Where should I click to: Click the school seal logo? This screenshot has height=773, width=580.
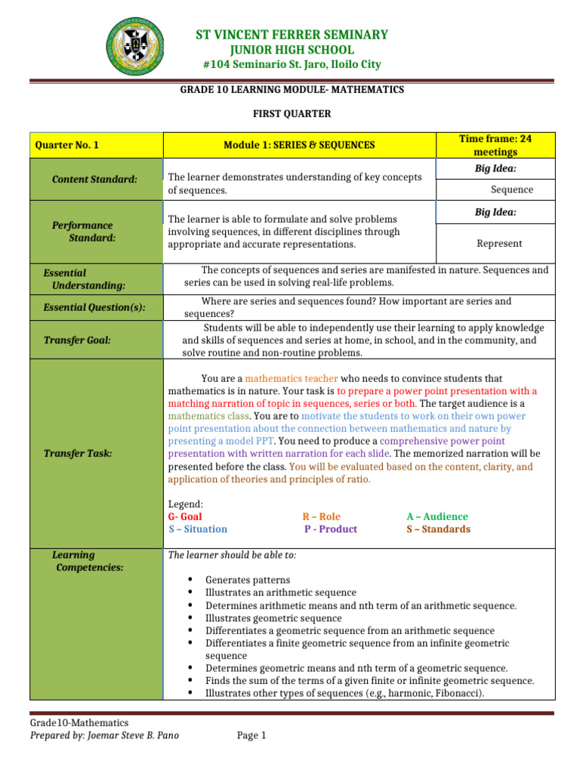pos(138,46)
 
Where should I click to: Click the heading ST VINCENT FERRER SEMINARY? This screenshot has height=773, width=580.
pos(292,35)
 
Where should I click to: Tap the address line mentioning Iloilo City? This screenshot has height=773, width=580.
pos(292,65)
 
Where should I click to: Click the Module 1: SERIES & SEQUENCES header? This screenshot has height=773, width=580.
pos(299,145)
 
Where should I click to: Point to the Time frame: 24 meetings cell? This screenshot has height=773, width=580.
pos(495,145)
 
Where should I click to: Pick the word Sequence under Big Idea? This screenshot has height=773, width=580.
pos(511,189)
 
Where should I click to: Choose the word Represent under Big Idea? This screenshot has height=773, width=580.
pos(499,244)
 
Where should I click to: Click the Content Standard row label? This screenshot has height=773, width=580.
pos(94,179)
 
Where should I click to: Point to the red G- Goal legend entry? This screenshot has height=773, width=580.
pos(184,516)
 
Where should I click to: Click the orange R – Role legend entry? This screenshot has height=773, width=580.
pos(321,516)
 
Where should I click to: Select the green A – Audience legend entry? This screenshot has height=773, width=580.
pos(437,516)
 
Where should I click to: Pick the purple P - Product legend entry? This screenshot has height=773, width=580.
pos(331,529)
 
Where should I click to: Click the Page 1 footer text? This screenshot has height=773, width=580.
pos(251,735)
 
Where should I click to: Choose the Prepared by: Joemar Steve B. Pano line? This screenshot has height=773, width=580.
pos(104,735)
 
